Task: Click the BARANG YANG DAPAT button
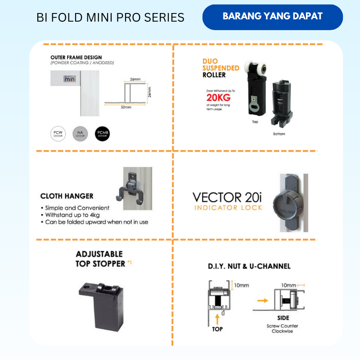[x=272, y=17]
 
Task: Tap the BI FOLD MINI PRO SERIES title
[x=110, y=18]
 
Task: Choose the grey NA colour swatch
[x=81, y=134]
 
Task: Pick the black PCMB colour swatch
[x=103, y=134]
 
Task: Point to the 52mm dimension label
[x=126, y=108]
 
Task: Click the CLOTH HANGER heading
[x=67, y=196]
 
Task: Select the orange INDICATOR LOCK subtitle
[x=228, y=207]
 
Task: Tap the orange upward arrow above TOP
[x=217, y=318]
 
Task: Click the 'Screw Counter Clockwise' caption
[x=283, y=328]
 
